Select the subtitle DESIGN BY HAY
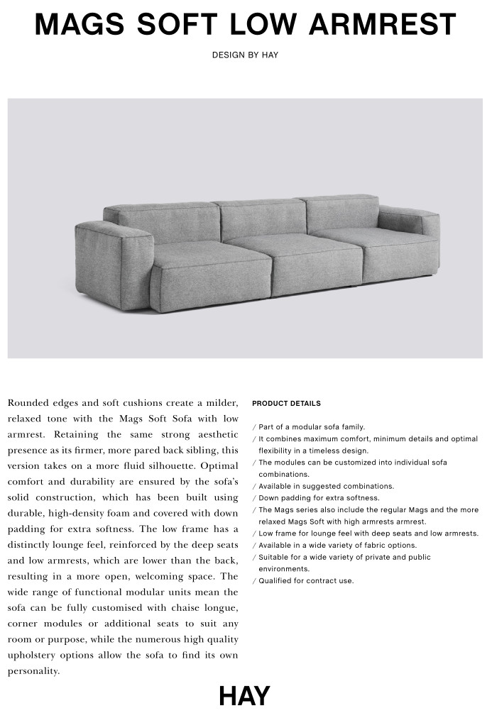(245, 55)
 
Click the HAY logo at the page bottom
(244, 696)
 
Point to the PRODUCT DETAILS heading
(286, 404)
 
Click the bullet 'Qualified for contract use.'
(306, 581)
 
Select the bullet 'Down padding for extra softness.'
(319, 498)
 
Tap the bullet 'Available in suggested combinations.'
(326, 486)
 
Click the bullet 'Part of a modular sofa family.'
(312, 427)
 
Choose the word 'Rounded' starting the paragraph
(29, 403)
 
